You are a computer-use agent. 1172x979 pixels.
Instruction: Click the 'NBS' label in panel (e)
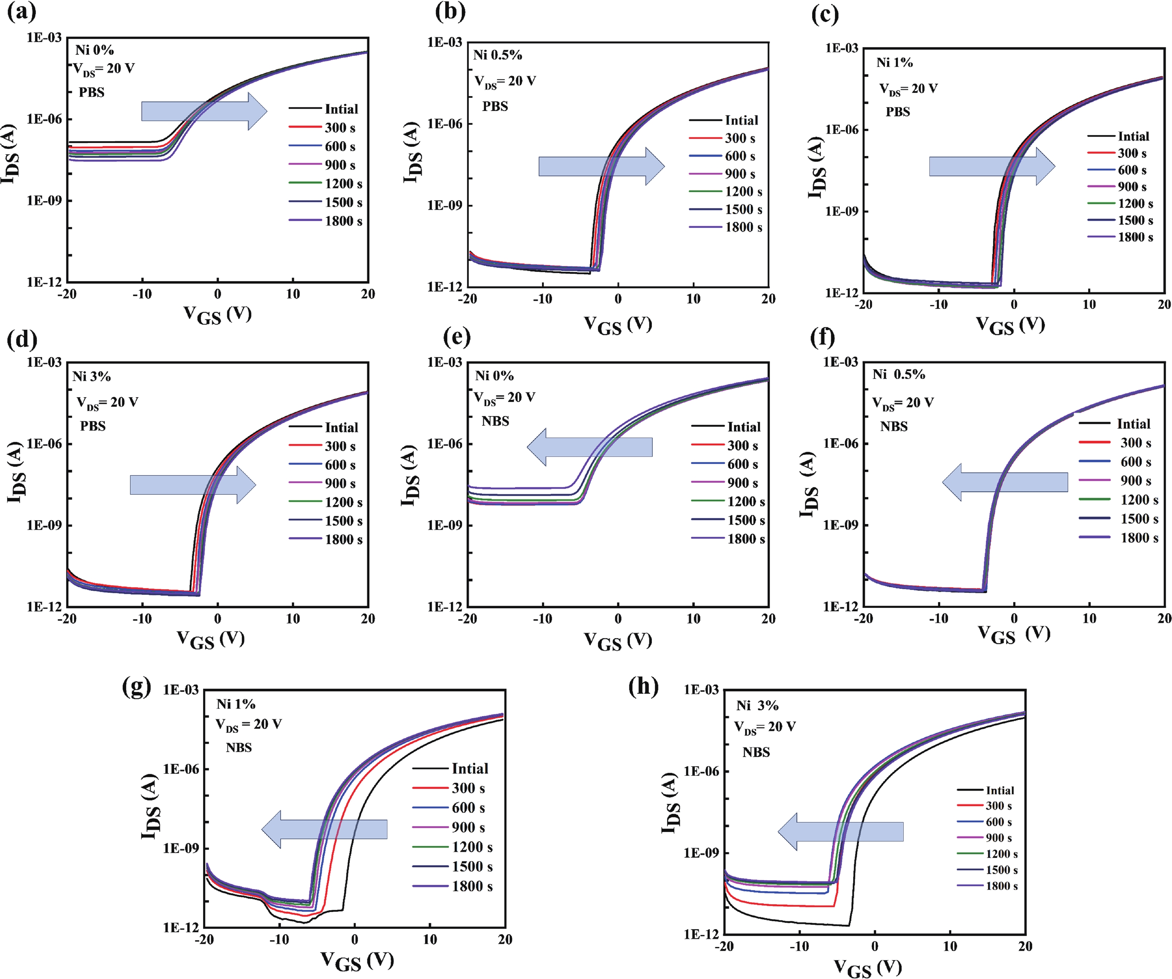point(495,421)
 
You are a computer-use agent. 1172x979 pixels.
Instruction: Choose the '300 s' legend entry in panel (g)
point(468,788)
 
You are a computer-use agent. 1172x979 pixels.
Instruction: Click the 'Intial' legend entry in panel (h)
point(999,790)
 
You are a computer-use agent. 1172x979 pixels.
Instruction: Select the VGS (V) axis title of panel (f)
point(1014,633)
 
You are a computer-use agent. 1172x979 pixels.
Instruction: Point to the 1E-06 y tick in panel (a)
point(44,119)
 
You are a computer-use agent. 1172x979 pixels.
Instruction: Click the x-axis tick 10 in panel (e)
point(693,619)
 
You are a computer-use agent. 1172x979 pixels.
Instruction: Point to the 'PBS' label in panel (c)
point(897,112)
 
